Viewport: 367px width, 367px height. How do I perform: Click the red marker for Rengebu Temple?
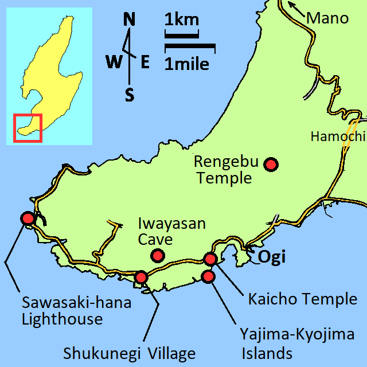pyautogui.click(x=271, y=165)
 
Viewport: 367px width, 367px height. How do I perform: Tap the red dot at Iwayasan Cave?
pyautogui.click(x=157, y=255)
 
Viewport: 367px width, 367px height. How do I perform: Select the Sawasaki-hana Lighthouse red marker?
pyautogui.click(x=27, y=218)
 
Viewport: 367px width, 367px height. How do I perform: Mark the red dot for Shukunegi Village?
pyautogui.click(x=141, y=278)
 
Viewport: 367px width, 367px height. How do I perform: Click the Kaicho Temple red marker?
pyautogui.click(x=210, y=259)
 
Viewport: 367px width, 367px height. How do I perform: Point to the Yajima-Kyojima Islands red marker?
pyautogui.click(x=209, y=276)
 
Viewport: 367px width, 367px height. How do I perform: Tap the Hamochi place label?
pyautogui.click(x=337, y=136)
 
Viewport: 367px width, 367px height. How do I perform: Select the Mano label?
pyautogui.click(x=327, y=18)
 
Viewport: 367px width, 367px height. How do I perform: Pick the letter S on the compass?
pyautogui.click(x=130, y=95)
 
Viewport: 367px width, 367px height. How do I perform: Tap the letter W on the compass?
pyautogui.click(x=113, y=61)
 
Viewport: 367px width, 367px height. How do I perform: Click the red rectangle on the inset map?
pyautogui.click(x=28, y=128)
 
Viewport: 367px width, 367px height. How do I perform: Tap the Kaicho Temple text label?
pyautogui.click(x=302, y=299)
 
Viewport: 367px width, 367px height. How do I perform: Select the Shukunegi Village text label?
pyautogui.click(x=130, y=353)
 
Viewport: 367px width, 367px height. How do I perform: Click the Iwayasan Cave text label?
pyautogui.click(x=172, y=231)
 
